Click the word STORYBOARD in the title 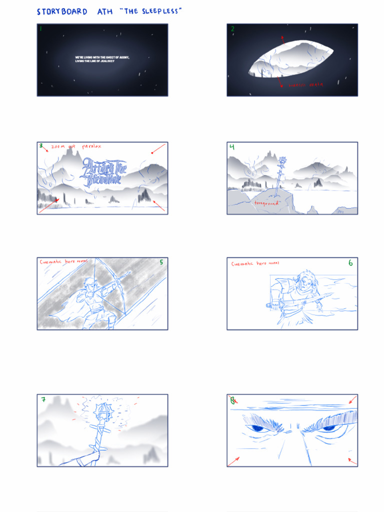click(x=62, y=11)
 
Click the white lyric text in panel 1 click(x=102, y=59)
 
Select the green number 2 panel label click(x=232, y=29)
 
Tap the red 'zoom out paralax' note click(x=76, y=146)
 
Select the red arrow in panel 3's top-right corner click(x=158, y=149)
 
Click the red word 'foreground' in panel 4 click(x=266, y=203)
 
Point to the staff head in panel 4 click(x=283, y=161)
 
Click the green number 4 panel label click(x=232, y=147)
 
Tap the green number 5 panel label click(x=161, y=262)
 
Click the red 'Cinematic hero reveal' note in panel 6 click(x=255, y=263)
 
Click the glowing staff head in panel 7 click(x=103, y=412)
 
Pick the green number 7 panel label click(x=44, y=399)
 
